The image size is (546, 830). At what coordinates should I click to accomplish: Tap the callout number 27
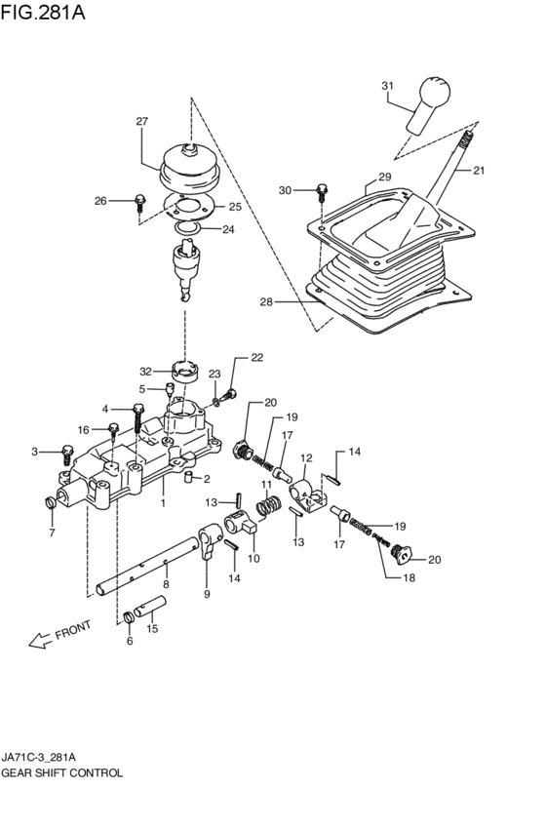point(141,122)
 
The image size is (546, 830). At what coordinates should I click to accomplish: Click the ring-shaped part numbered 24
point(190,229)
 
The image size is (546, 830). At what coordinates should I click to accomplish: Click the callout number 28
point(266,302)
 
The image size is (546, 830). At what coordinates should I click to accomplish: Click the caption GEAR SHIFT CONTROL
point(61,772)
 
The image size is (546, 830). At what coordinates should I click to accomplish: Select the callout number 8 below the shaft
point(166,584)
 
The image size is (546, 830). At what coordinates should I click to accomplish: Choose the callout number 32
point(145,371)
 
